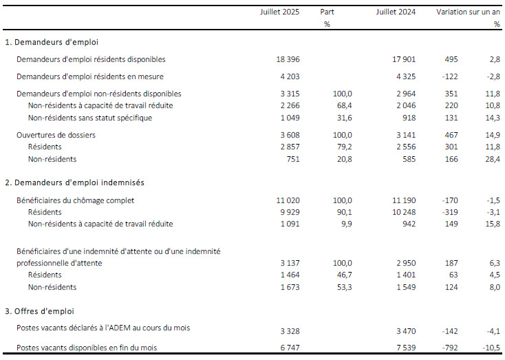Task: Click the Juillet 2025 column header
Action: [279, 12]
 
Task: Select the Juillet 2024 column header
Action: [396, 12]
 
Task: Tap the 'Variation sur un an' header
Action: [469, 12]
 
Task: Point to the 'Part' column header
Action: [327, 12]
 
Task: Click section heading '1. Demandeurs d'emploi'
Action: [52, 42]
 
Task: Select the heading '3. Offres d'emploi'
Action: [39, 311]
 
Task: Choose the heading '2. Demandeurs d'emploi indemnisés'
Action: [74, 182]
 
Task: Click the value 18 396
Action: [288, 59]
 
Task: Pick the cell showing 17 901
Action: [404, 59]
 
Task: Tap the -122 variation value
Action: [449, 76]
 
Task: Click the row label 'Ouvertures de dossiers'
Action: [56, 135]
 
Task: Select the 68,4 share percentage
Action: [344, 105]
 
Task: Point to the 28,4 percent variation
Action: [493, 159]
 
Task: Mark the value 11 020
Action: [288, 200]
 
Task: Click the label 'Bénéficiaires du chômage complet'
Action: [76, 200]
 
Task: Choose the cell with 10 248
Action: [404, 212]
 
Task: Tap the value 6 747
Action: [290, 348]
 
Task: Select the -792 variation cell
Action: [449, 348]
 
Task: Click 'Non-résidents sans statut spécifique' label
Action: [90, 118]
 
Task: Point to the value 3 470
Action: [406, 331]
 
